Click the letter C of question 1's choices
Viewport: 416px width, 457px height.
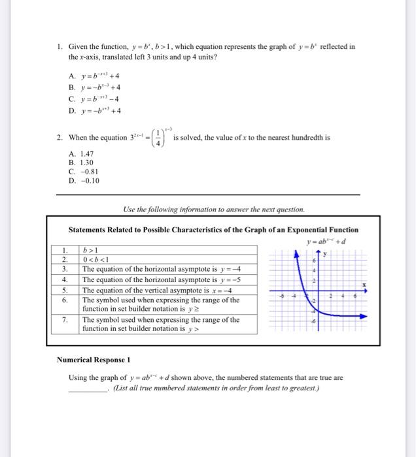coord(71,99)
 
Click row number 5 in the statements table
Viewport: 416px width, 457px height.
coord(65,289)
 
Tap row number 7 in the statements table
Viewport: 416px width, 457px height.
coord(65,320)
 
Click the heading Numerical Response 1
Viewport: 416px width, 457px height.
coord(94,360)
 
